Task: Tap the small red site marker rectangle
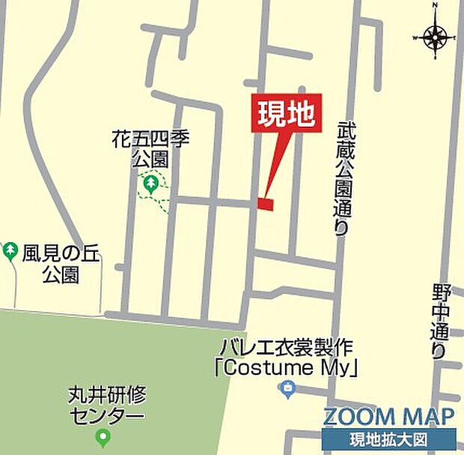point(265,203)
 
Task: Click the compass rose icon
point(434,35)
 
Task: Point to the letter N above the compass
point(436,6)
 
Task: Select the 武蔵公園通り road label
point(342,178)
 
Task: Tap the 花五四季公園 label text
point(150,148)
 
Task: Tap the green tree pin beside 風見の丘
point(10,250)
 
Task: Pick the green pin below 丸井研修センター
point(103,437)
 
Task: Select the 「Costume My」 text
point(285,368)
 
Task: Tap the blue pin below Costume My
point(286,389)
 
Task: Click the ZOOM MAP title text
point(388,417)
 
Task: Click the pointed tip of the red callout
point(266,193)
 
